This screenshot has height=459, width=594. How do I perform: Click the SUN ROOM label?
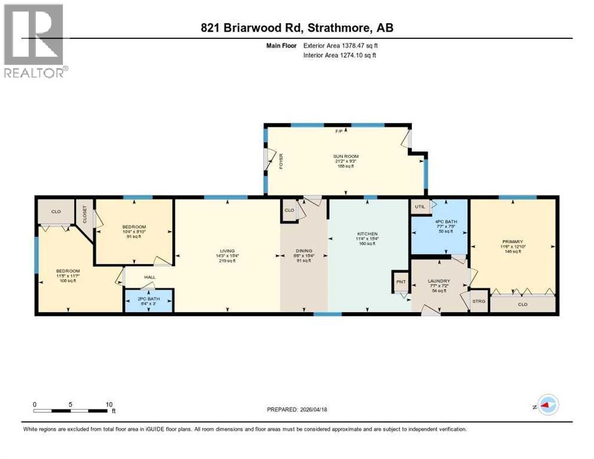click(x=345, y=157)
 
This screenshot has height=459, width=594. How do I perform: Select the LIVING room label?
click(x=226, y=251)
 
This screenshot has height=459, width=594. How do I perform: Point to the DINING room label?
click(x=304, y=251)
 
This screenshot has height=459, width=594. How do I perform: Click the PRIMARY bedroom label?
click(x=512, y=242)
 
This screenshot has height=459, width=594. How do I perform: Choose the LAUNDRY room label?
click(x=438, y=280)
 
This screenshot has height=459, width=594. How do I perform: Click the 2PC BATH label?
click(x=148, y=298)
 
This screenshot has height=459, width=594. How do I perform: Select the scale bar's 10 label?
click(x=109, y=405)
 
